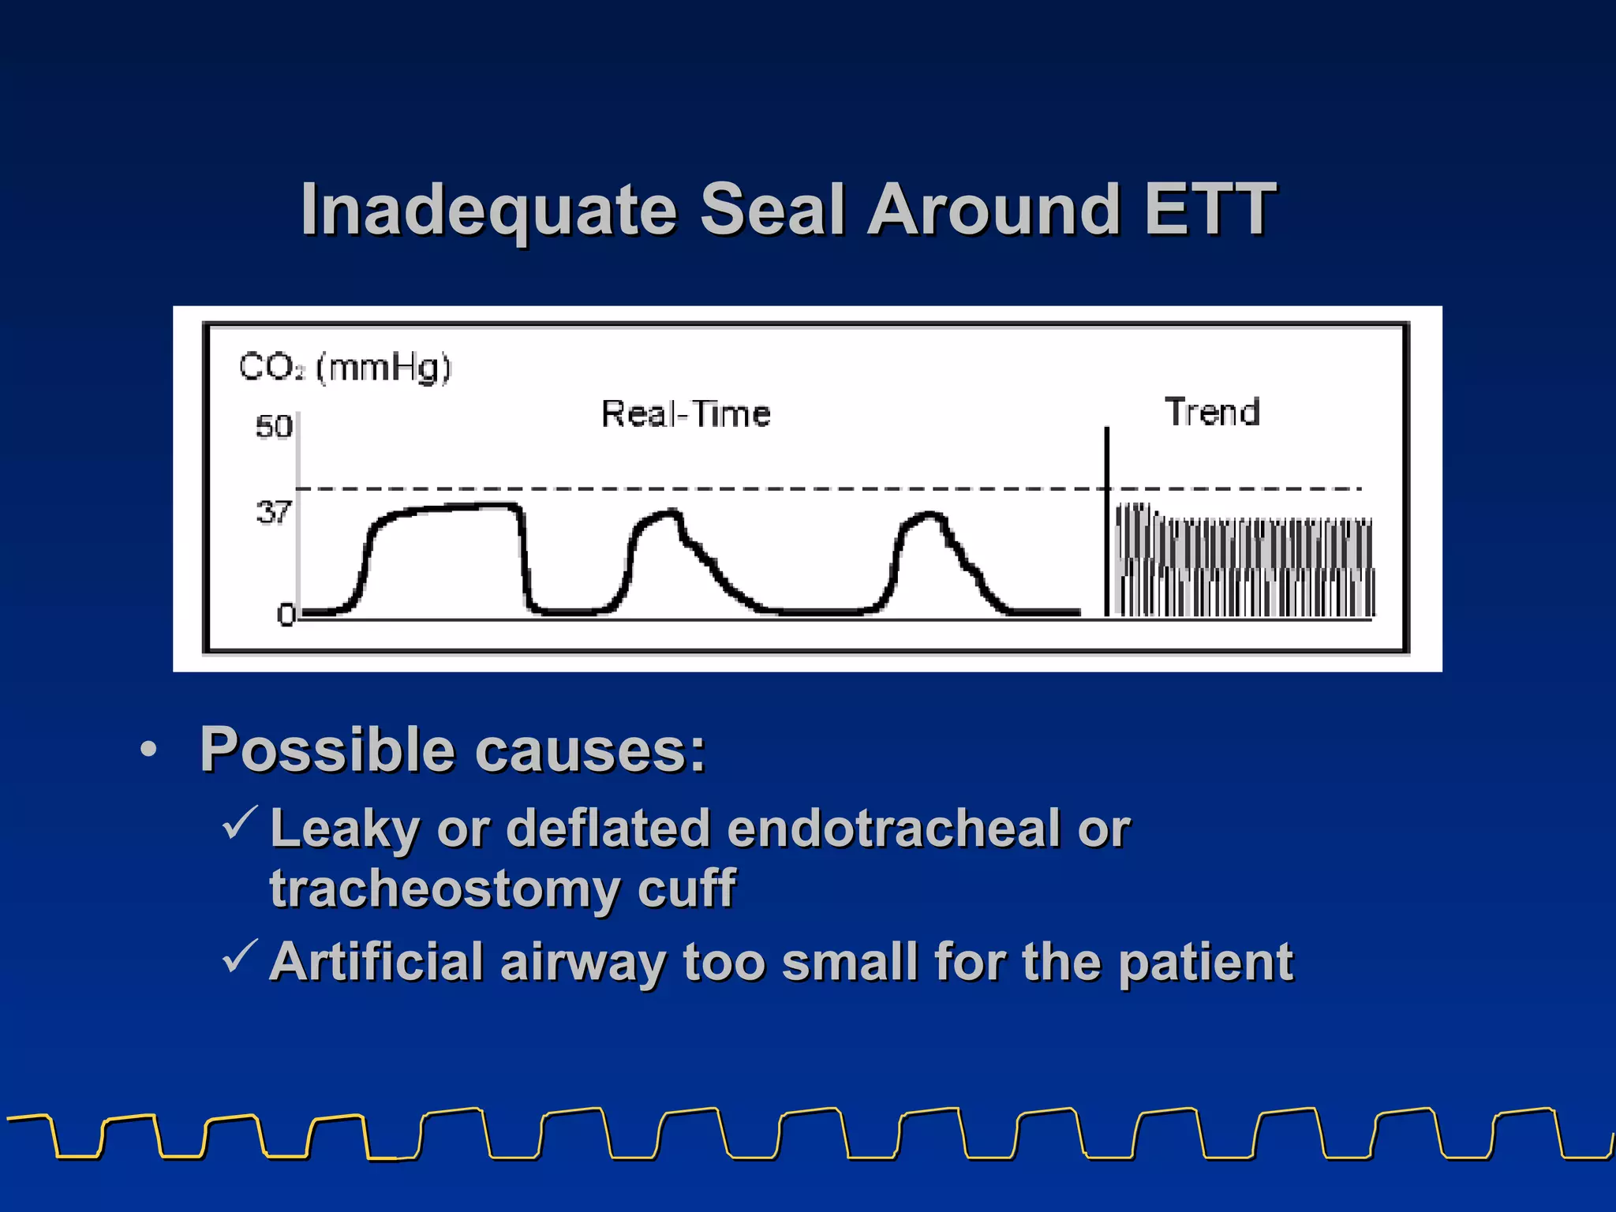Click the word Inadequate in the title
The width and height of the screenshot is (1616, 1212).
[489, 210]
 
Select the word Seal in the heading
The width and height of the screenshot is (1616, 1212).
[772, 210]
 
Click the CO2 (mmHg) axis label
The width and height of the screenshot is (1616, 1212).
[345, 368]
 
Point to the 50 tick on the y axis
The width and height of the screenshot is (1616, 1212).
[273, 427]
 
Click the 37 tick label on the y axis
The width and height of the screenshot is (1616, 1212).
[273, 513]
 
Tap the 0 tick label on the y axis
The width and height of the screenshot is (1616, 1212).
[285, 615]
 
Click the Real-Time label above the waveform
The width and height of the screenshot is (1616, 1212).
[686, 414]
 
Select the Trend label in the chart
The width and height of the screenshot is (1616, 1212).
[1212, 413]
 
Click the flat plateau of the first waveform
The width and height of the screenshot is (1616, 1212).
[450, 508]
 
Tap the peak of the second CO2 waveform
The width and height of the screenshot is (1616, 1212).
[670, 513]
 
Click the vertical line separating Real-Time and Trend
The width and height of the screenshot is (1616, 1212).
[1106, 521]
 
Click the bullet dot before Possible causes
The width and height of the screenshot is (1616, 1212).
[148, 750]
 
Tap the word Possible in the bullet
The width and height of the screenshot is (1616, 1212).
[327, 750]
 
